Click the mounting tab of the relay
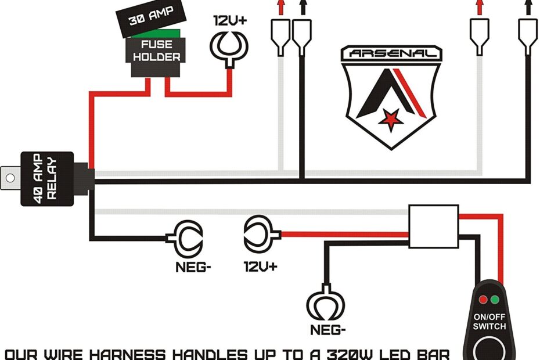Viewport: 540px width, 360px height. (x=10, y=177)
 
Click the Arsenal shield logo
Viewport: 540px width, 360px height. (x=388, y=96)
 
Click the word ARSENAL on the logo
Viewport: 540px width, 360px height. (x=388, y=54)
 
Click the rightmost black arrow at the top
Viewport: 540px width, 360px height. (x=528, y=7)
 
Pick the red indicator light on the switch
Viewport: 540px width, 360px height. (x=483, y=300)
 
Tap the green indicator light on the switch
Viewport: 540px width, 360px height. (x=495, y=300)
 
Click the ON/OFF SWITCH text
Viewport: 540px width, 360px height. (x=489, y=322)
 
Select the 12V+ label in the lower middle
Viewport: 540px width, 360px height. (x=261, y=267)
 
